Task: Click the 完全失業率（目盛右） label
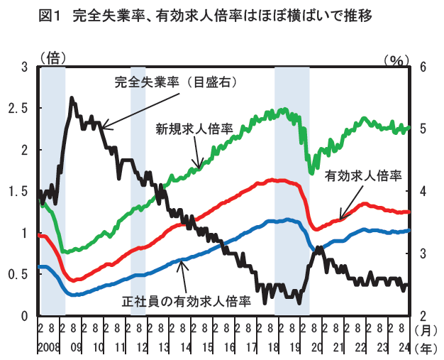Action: (175, 82)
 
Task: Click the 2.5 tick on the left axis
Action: (18, 109)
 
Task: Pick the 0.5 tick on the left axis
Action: (18, 274)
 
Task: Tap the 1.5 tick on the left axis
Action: (18, 192)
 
